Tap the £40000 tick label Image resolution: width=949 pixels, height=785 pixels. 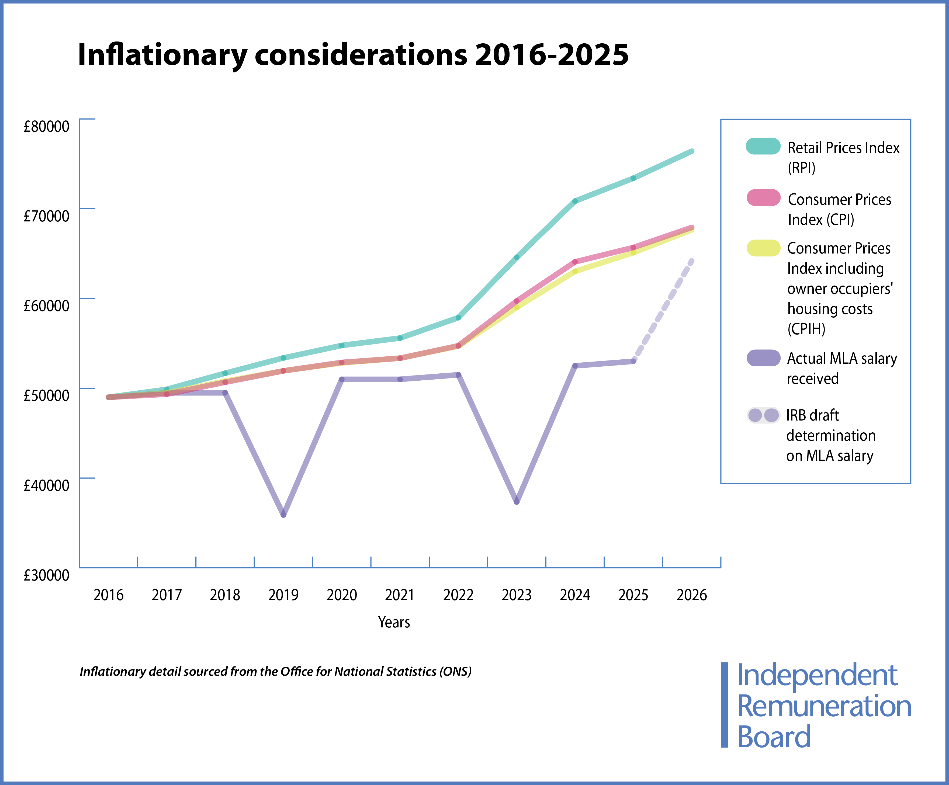pyautogui.click(x=47, y=485)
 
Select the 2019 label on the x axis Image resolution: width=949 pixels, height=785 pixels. pyautogui.click(x=283, y=595)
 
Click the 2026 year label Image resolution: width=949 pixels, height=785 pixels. pyautogui.click(x=691, y=595)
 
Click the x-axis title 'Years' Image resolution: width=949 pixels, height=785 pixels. pyautogui.click(x=394, y=622)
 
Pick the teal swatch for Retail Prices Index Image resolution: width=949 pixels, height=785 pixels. pyautogui.click(x=763, y=146)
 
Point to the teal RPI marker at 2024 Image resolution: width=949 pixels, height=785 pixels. pyautogui.click(x=575, y=201)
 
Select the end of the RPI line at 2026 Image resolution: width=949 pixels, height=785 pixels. pyautogui.click(x=691, y=151)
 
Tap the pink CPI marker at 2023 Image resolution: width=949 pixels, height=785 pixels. pyautogui.click(x=517, y=301)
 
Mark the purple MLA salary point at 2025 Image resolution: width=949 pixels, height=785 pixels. pyautogui.click(x=633, y=361)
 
